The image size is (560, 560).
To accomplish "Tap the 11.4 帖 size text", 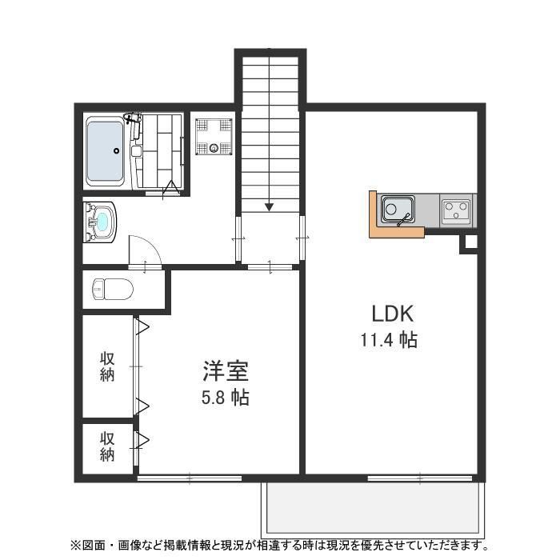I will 388,340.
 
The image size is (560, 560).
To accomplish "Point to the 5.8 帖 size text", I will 225,397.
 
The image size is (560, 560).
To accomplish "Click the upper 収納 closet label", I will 107,366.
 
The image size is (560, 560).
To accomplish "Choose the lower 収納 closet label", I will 107,446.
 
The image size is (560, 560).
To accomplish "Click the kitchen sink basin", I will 396,210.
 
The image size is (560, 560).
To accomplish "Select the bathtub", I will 104,152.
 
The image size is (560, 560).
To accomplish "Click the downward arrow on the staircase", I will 269,206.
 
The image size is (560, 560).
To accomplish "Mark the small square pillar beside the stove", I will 469,244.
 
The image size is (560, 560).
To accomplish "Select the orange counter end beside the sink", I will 374,214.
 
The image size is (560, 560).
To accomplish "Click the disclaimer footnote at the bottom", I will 280,546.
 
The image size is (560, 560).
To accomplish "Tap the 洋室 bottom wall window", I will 190,478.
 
